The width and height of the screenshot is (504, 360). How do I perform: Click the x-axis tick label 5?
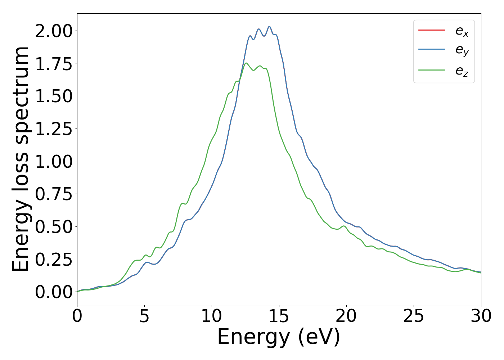[144, 316]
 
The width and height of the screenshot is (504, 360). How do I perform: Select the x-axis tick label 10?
[212, 316]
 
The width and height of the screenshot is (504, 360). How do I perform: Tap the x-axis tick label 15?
[279, 316]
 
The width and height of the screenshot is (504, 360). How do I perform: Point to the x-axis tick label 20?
[346, 316]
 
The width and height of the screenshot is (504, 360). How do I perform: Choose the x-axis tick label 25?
[414, 316]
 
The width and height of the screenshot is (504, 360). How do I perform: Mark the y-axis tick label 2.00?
[54, 31]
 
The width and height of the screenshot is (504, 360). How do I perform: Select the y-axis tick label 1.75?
[54, 64]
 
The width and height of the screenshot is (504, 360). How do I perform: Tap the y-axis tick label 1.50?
[54, 96]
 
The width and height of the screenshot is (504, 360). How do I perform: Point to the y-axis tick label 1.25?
[54, 129]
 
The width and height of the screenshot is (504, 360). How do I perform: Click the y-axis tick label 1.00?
[54, 161]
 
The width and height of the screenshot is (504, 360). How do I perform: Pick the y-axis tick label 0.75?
[54, 194]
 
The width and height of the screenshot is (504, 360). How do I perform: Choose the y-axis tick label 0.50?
[54, 227]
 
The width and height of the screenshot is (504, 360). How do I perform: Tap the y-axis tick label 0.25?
[54, 259]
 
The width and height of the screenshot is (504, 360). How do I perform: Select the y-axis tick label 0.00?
[54, 292]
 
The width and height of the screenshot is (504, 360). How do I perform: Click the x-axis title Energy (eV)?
[279, 337]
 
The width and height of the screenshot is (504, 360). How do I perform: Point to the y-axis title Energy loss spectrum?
[21, 159]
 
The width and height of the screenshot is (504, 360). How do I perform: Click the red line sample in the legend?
[432, 30]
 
